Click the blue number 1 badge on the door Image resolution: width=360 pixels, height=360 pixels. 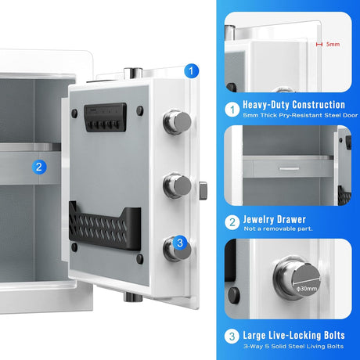[x=191, y=70]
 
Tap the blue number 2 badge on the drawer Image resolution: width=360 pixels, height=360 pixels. [x=39, y=167]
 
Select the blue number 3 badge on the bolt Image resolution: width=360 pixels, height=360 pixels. [x=180, y=243]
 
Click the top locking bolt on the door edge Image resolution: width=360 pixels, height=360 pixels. [x=178, y=122]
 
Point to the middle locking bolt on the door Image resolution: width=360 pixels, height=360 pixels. [x=178, y=185]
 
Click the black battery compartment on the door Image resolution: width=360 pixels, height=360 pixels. [x=106, y=117]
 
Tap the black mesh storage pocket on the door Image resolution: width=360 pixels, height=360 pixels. [x=105, y=226]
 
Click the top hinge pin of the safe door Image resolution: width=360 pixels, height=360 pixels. [x=133, y=73]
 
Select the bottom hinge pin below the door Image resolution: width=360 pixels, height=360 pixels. [x=133, y=297]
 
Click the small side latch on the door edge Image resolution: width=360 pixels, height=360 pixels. [x=203, y=190]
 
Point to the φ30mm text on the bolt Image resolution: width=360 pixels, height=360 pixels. [x=307, y=289]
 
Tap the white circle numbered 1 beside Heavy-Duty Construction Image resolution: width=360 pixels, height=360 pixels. [x=232, y=110]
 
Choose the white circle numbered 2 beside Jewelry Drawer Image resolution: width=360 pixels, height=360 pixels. [x=232, y=222]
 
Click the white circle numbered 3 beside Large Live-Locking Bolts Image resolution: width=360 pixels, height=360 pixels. [x=232, y=337]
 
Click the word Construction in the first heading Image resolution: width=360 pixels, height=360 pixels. [x=319, y=105]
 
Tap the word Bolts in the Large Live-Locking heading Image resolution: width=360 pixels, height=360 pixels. [x=334, y=335]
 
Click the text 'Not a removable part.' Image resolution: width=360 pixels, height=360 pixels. [x=278, y=229]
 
